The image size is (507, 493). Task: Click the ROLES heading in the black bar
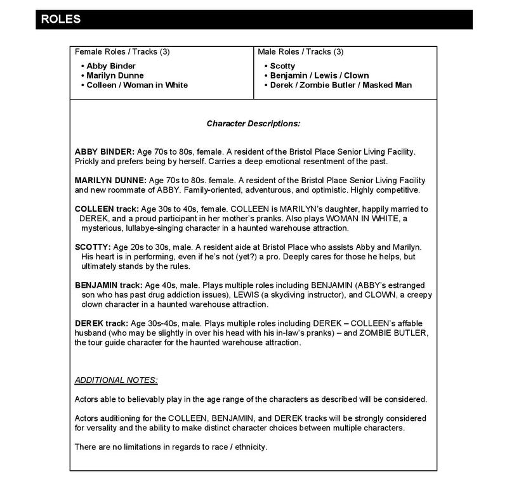click(x=61, y=19)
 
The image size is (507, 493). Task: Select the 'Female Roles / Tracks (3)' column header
click(x=122, y=51)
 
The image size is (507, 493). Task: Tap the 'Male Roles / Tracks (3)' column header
click(x=300, y=51)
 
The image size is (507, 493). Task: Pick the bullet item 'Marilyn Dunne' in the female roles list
click(x=115, y=75)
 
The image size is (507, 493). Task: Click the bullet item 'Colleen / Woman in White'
click(x=137, y=85)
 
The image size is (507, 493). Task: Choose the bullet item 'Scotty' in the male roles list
click(x=282, y=66)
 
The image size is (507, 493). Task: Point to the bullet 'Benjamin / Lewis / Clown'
click(x=319, y=75)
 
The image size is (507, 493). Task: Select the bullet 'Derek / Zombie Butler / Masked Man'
click(x=340, y=85)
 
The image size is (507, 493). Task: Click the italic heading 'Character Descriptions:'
click(x=253, y=124)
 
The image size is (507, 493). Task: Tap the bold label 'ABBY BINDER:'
click(x=105, y=152)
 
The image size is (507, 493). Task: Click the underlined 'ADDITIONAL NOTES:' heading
click(x=116, y=380)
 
